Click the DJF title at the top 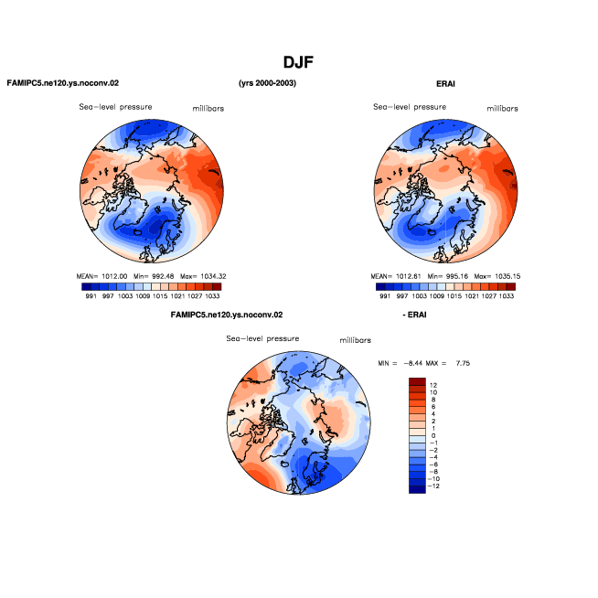tap(298, 62)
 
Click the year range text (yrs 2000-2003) tap(267, 83)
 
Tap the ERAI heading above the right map tap(445, 84)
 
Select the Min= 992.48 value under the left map tap(154, 276)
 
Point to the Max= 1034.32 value tap(203, 276)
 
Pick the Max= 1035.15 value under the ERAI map tap(497, 276)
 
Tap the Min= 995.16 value tap(448, 276)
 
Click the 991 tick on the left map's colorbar tap(91, 296)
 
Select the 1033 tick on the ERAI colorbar tap(507, 296)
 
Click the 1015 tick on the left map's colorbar tap(160, 296)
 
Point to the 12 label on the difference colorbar tap(433, 385)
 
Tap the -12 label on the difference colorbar tap(434, 486)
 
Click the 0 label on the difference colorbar tap(433, 435)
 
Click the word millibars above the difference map tap(356, 340)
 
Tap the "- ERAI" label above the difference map tap(414, 315)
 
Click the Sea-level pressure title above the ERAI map tap(410, 107)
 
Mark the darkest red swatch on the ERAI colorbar tap(511, 287)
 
